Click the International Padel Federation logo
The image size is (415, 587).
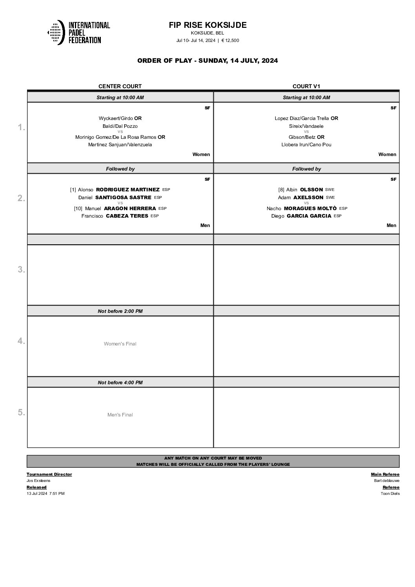pyautogui.click(x=78, y=32)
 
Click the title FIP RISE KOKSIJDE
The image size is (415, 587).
pyautogui.click(x=207, y=25)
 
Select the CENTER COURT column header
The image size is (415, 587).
pyautogui.click(x=120, y=86)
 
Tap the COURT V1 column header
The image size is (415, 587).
pyautogui.click(x=306, y=86)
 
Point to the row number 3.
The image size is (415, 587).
pyautogui.click(x=22, y=270)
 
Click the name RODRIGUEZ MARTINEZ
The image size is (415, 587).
pyautogui.click(x=127, y=190)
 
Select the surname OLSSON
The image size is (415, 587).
pyautogui.click(x=311, y=190)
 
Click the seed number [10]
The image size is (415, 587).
pyautogui.click(x=78, y=209)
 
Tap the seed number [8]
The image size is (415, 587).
pyautogui.click(x=281, y=190)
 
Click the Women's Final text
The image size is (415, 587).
pyautogui.click(x=120, y=344)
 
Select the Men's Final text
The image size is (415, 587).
pyautogui.click(x=120, y=415)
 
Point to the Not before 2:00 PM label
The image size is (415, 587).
pyautogui.click(x=120, y=311)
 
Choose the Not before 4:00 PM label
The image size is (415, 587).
pyautogui.click(x=120, y=383)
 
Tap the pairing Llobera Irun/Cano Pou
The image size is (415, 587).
pyautogui.click(x=306, y=145)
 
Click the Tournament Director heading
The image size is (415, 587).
pyautogui.click(x=49, y=474)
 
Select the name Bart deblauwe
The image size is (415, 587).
pyautogui.click(x=387, y=481)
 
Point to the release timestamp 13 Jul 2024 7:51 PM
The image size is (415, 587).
pyautogui.click(x=46, y=494)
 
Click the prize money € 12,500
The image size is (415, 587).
pyautogui.click(x=230, y=40)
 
